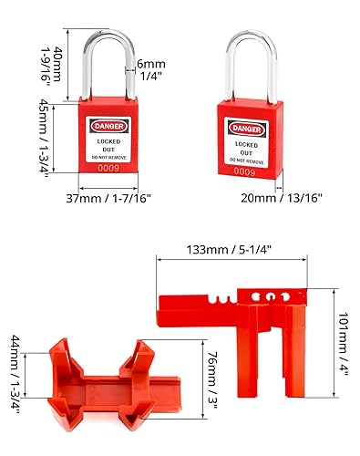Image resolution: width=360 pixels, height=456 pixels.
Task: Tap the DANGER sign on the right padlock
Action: (x=245, y=129)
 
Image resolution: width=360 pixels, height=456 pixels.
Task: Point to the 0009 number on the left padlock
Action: (x=108, y=166)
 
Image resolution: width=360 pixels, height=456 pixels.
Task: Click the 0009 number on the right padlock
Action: (x=244, y=170)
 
